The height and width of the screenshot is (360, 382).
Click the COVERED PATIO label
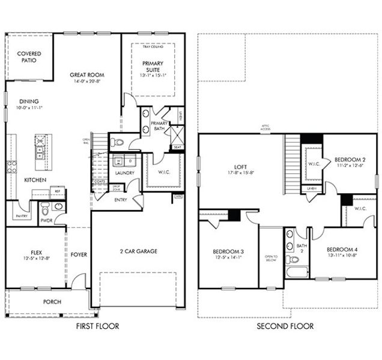click(x=29, y=58)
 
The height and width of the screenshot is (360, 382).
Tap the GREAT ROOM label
click(x=87, y=75)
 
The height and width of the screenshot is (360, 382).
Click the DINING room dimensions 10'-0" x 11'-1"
click(x=29, y=108)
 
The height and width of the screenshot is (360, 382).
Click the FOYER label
click(x=79, y=254)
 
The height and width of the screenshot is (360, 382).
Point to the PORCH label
click(x=52, y=302)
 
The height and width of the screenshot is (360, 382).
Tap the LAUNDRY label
click(x=124, y=173)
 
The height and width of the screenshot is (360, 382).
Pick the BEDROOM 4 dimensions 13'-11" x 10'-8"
click(x=343, y=255)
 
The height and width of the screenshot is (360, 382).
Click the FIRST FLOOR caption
click(x=97, y=326)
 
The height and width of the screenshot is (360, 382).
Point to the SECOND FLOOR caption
click(x=285, y=326)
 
